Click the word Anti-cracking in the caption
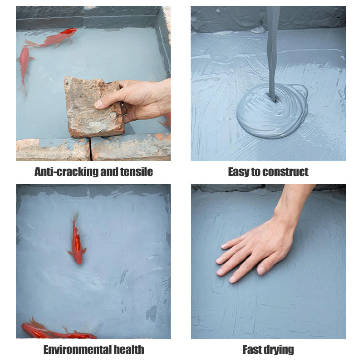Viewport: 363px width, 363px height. [x=66, y=172]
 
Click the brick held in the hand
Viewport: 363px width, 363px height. [x=94, y=107]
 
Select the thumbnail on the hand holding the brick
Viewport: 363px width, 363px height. [x=98, y=104]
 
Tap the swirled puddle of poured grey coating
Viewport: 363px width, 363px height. [x=272, y=111]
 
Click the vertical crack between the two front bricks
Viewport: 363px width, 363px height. [x=90, y=149]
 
